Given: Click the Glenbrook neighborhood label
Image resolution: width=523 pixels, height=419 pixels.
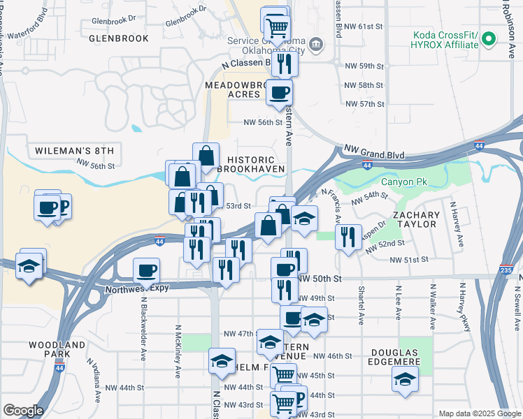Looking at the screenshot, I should point(119,38).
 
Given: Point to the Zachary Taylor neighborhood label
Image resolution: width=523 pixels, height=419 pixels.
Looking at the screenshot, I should point(416,219).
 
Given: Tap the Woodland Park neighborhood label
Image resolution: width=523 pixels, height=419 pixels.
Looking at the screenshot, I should point(57,350).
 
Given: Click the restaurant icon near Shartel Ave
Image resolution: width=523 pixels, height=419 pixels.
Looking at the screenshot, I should point(348,236).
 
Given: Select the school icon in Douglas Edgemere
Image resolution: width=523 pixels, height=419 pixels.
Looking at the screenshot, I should point(405,378).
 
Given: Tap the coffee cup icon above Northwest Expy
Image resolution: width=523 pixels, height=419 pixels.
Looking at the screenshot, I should point(146,270).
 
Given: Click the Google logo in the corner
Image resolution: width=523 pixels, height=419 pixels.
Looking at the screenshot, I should point(22,411).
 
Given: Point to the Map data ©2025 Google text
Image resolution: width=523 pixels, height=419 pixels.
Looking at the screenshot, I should point(479,413).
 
